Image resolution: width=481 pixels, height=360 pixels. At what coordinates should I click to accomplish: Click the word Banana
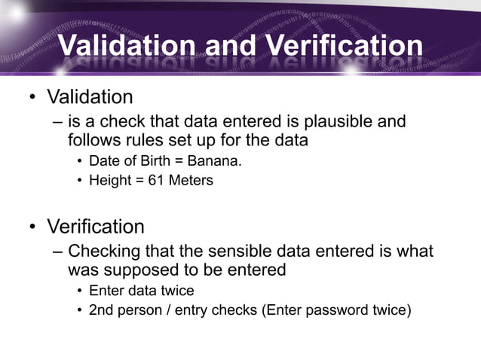(214, 160)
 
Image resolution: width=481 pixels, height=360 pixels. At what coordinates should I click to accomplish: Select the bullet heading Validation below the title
(90, 97)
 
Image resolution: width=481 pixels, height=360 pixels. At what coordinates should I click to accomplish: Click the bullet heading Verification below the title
(96, 226)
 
